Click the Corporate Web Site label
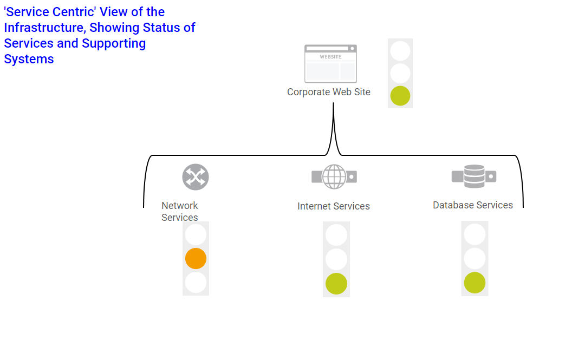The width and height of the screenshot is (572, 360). pyautogui.click(x=328, y=92)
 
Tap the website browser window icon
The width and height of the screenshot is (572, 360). pyautogui.click(x=330, y=64)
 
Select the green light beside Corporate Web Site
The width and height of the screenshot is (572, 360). pyautogui.click(x=400, y=96)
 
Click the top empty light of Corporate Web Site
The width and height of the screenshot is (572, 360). pyautogui.click(x=400, y=51)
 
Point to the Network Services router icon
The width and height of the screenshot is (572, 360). pyautogui.click(x=196, y=177)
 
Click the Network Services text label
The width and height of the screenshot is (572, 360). pyautogui.click(x=180, y=212)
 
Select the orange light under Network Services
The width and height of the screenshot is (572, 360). pyautogui.click(x=196, y=259)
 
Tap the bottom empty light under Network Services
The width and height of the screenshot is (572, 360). pyautogui.click(x=196, y=282)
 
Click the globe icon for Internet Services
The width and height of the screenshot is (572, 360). pyautogui.click(x=334, y=176)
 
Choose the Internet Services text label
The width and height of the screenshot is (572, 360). pyautogui.click(x=333, y=206)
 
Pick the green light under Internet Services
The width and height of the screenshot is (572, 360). pyautogui.click(x=336, y=284)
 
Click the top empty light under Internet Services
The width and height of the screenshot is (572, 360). pyautogui.click(x=336, y=235)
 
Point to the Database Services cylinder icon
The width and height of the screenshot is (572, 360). pyautogui.click(x=474, y=176)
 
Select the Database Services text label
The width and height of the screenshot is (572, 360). pyautogui.click(x=472, y=205)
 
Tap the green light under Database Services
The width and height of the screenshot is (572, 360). pyautogui.click(x=474, y=283)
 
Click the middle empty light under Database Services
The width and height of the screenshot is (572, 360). pyautogui.click(x=474, y=259)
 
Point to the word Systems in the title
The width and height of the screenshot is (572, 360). pyautogui.click(x=29, y=59)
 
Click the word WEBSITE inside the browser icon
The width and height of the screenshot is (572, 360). pyautogui.click(x=330, y=57)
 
